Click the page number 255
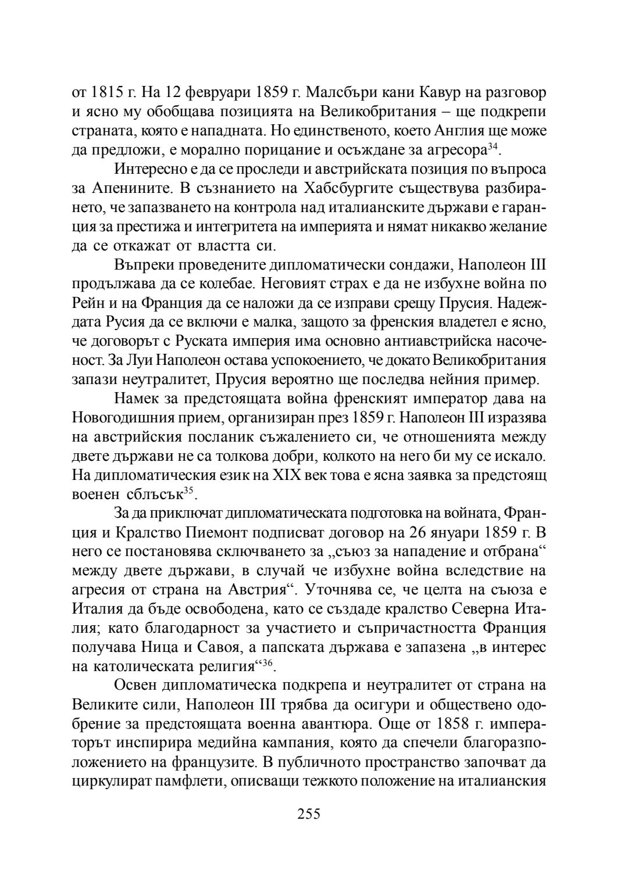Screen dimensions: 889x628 pyautogui.click(x=309, y=813)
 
